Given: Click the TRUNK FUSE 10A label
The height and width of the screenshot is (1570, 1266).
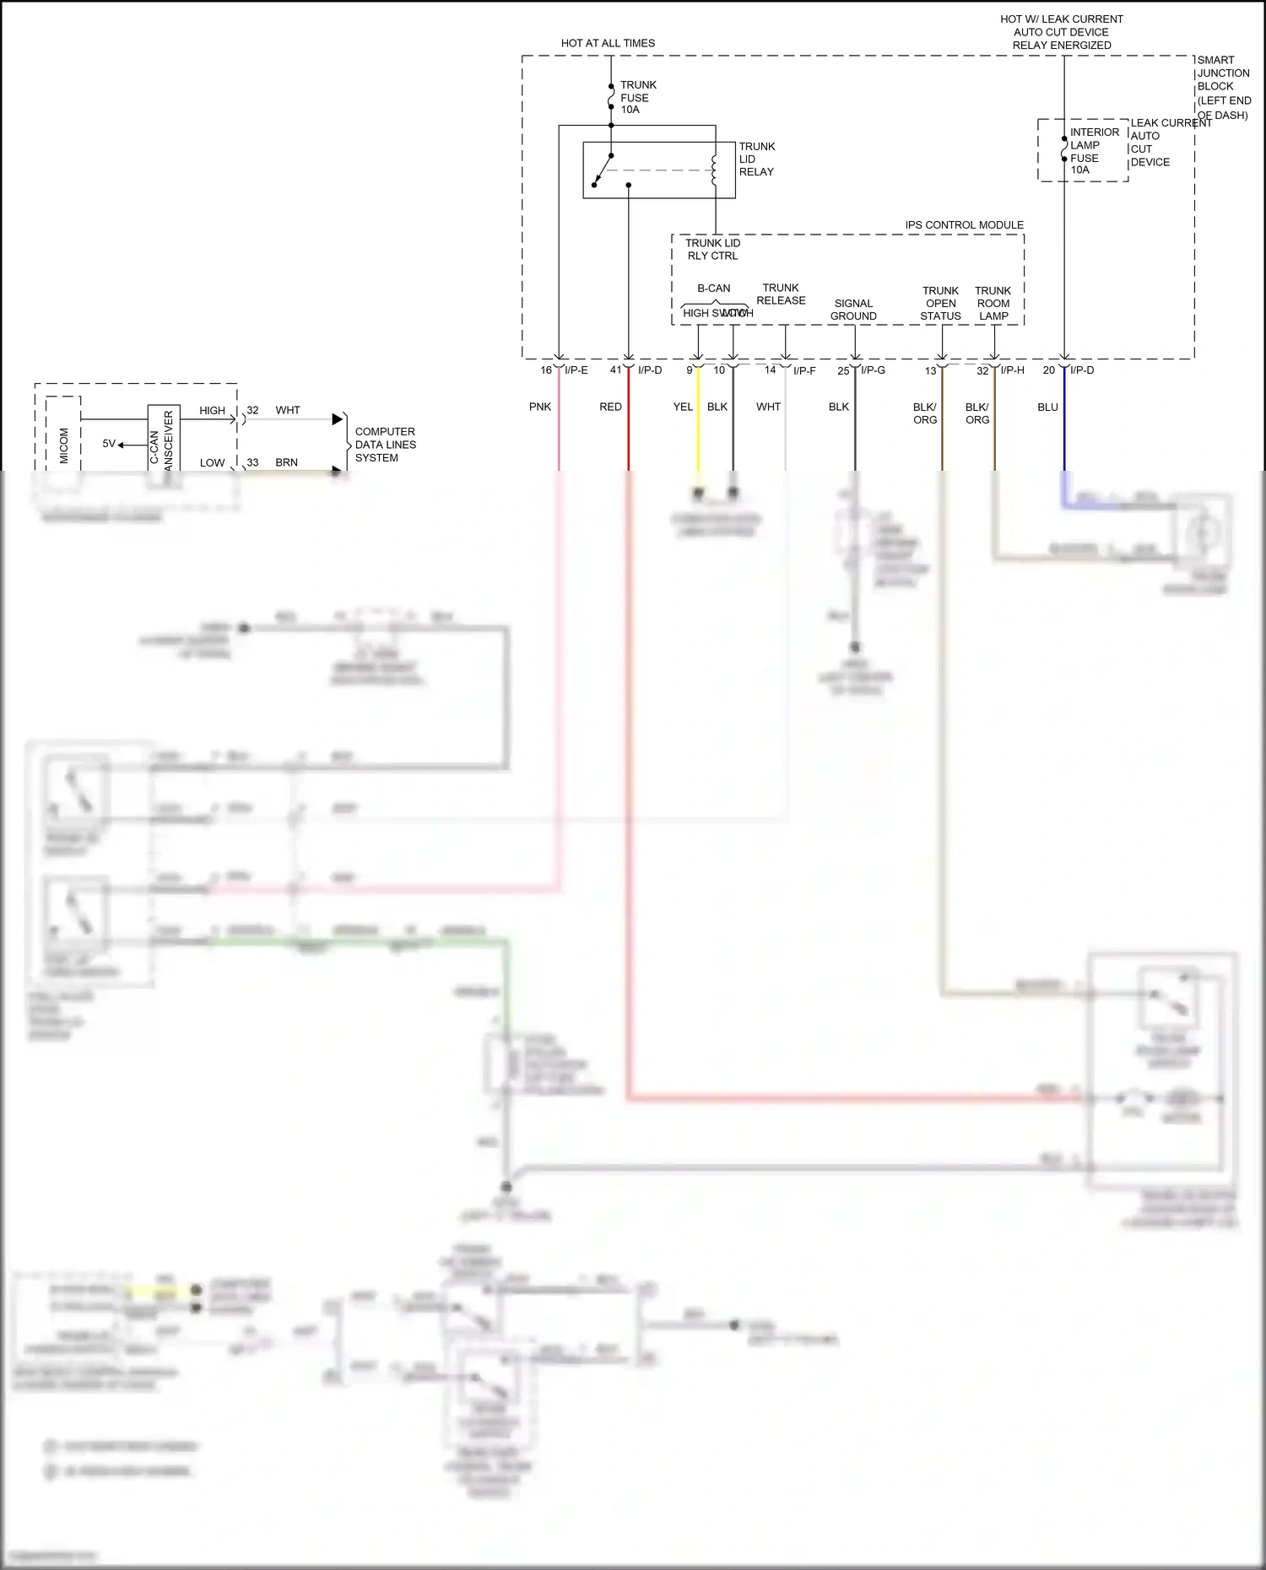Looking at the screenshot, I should coord(637,97).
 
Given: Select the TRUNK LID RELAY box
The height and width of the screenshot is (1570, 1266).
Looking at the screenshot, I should coord(658,170).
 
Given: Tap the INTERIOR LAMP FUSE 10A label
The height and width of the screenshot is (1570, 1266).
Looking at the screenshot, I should coord(1094,151).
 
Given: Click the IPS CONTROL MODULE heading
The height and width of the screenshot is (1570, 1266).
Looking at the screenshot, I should coord(964,225).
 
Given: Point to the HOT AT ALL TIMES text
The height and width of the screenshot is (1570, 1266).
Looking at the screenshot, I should coord(608,43).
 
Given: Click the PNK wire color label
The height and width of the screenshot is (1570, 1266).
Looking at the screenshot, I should coord(540,407).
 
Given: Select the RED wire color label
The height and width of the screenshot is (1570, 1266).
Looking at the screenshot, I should coord(610,407).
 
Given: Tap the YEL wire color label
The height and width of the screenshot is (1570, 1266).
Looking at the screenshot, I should coord(683,407).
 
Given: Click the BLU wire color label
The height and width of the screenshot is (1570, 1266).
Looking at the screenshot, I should coord(1047,407).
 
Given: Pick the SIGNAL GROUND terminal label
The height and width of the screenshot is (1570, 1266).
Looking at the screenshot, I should coord(853,310).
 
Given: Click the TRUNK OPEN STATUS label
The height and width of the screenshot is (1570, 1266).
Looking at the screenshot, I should coord(940,303).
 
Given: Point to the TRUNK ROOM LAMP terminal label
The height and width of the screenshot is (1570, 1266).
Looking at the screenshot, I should coord(993,303).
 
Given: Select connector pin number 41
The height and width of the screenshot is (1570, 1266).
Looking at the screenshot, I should coord(615,370).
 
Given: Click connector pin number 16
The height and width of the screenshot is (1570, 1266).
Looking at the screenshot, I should coord(546,370).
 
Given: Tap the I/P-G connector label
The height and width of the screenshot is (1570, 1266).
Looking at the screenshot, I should coord(873,370).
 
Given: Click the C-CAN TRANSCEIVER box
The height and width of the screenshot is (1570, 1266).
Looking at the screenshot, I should coord(163,439).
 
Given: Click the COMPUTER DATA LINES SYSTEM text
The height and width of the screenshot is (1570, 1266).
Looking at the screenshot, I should coord(385,445).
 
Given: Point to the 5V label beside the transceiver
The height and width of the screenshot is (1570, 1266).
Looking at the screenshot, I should coord(109,444).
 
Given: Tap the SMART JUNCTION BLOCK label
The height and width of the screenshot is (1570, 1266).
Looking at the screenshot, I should coord(1223,87).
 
